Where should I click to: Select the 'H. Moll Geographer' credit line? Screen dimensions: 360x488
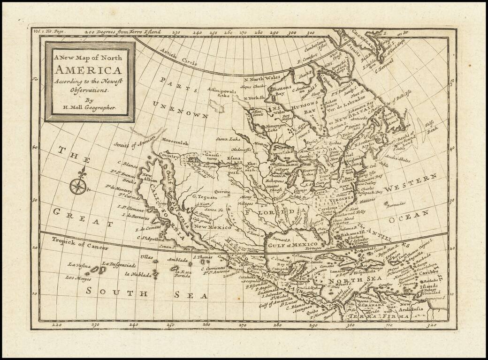pos(89,107)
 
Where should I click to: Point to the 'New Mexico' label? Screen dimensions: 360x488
pos(215,226)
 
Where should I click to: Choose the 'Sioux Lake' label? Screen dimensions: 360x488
pos(229,139)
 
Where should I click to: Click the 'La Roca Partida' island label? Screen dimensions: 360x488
pos(181,274)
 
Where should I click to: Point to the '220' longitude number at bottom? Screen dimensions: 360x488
pos(56,323)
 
